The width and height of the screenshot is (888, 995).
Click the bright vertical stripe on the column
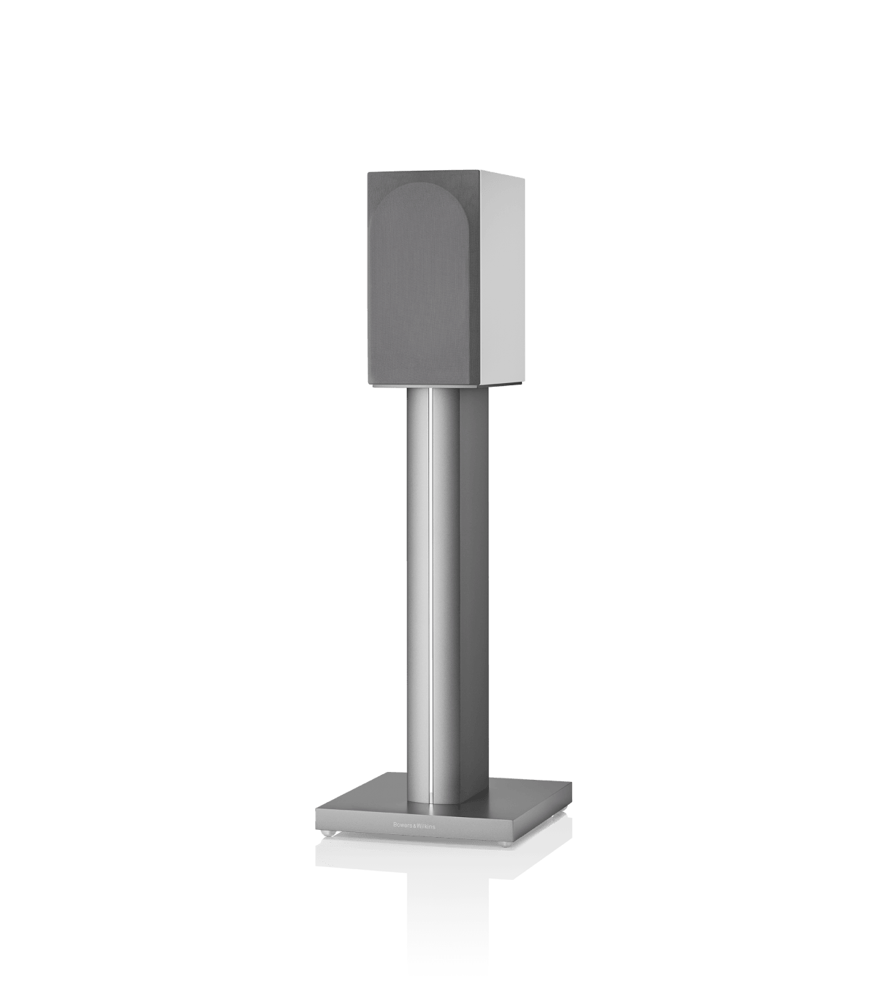431,586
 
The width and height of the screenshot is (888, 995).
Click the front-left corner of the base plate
316,810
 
